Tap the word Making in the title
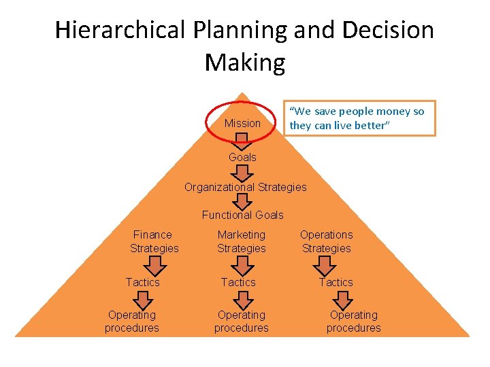click(x=244, y=63)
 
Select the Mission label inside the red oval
click(x=242, y=123)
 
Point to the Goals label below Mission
click(x=242, y=157)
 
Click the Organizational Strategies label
click(x=246, y=187)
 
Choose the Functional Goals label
click(x=242, y=215)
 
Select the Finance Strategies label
click(x=154, y=241)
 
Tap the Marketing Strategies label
click(x=242, y=241)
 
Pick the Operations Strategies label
click(x=327, y=241)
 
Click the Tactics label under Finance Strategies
click(x=143, y=282)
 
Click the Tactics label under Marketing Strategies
click(x=238, y=282)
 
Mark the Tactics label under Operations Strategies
click(x=336, y=282)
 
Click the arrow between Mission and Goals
click(x=242, y=141)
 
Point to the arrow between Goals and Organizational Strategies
click(x=242, y=172)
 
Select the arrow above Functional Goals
click(x=242, y=201)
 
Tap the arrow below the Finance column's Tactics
click(x=143, y=298)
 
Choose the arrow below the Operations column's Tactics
click(x=343, y=298)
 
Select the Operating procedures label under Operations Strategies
click(x=353, y=321)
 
